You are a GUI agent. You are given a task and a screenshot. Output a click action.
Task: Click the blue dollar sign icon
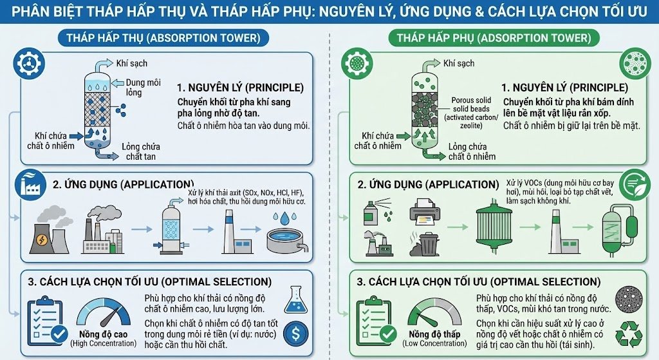click(295, 334)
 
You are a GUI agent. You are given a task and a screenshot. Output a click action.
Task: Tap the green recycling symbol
click(629, 335)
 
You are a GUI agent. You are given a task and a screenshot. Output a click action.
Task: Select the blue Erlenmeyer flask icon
click(295, 299)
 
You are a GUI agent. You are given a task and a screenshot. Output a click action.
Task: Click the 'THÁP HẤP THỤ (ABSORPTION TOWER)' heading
click(163, 38)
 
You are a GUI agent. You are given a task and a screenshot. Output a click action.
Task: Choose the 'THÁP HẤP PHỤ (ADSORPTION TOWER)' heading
click(494, 38)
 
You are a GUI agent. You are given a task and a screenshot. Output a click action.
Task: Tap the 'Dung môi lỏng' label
click(143, 87)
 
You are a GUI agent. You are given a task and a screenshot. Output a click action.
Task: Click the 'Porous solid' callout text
click(471, 100)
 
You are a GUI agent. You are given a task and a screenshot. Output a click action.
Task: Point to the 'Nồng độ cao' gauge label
click(104, 334)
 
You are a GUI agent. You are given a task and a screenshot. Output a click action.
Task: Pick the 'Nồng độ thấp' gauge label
click(434, 334)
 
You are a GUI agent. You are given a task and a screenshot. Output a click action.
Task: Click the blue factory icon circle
click(31, 185)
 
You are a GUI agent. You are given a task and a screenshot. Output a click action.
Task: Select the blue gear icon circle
click(29, 64)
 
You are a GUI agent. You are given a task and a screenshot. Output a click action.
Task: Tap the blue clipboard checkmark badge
click(59, 334)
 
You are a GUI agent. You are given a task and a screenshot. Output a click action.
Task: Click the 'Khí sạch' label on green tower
click(458, 64)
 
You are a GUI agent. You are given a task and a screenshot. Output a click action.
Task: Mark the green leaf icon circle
click(635, 185)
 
